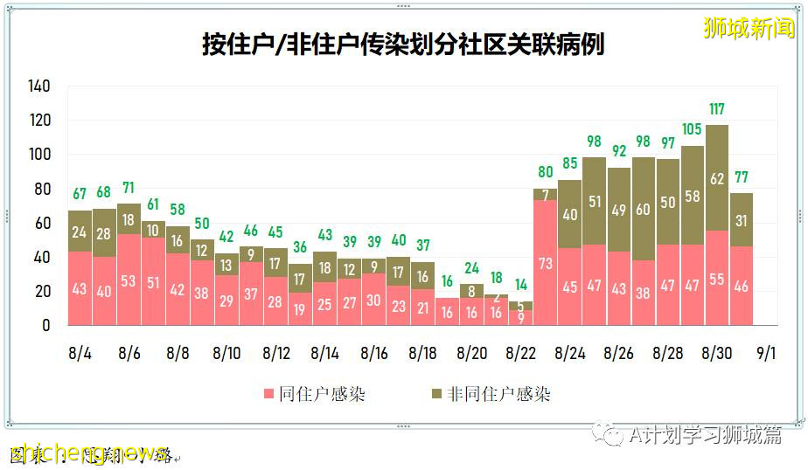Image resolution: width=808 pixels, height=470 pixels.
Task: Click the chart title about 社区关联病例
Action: pos(403,45)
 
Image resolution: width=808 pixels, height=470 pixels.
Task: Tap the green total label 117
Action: pos(717,109)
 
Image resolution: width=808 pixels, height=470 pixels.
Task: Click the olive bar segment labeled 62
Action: pos(717,179)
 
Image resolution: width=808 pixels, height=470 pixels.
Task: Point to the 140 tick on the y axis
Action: pos(39,86)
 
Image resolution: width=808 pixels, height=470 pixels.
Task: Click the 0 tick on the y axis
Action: pos(46,325)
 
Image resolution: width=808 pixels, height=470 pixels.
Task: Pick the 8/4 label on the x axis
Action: pos(80,353)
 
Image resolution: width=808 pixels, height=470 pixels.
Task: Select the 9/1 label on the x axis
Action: pos(766,353)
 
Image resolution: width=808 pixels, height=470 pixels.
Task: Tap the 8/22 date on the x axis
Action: pos(521,353)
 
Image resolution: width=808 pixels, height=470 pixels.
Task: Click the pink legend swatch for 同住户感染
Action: pos(269,394)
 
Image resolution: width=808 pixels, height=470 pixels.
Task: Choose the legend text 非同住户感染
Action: pos(499,394)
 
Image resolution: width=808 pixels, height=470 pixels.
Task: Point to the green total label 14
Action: pos(521,286)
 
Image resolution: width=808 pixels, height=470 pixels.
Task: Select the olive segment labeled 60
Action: pos(644,209)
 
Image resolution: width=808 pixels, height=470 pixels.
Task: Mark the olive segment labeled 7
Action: pos(546,194)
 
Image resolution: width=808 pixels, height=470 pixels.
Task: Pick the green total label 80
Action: pos(546,172)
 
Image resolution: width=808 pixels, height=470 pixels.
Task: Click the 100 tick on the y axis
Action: pos(39,155)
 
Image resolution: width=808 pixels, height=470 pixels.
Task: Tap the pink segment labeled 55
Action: pos(717,279)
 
